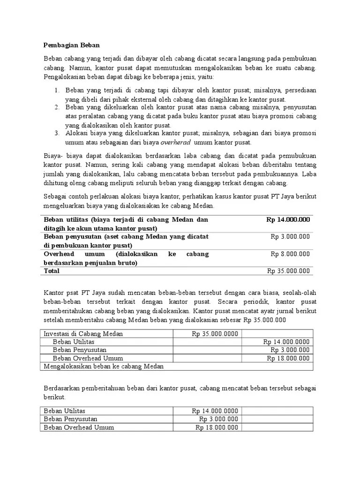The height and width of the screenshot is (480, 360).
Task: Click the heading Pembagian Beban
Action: tap(72, 45)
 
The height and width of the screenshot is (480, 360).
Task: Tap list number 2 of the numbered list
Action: tap(55, 107)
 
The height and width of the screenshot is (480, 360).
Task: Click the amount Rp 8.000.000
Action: tap(290, 254)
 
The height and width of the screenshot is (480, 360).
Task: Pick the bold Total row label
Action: tap(52, 271)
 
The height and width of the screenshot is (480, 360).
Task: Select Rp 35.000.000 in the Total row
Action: tap(288, 271)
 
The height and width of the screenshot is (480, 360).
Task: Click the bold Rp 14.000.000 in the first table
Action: tap(288, 219)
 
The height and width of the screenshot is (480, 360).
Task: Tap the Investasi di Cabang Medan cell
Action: tap(83, 333)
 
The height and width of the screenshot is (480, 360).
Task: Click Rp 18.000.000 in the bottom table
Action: tap(217, 427)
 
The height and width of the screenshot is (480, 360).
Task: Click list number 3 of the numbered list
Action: tap(55, 133)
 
